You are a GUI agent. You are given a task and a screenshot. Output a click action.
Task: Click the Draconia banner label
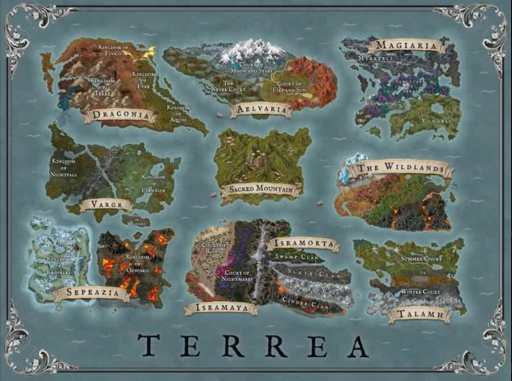pyautogui.click(x=120, y=114)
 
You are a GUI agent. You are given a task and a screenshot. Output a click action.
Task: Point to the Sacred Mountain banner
pyautogui.click(x=261, y=189)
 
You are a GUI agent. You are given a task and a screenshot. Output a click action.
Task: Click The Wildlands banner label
pyautogui.click(x=401, y=168)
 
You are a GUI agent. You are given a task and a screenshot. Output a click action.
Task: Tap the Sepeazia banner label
pyautogui.click(x=92, y=294)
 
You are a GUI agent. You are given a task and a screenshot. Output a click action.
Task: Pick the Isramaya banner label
pyautogui.click(x=221, y=308)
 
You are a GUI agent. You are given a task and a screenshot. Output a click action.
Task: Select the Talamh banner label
pyautogui.click(x=419, y=315)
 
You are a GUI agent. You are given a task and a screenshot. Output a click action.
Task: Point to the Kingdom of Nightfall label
pyautogui.click(x=64, y=168)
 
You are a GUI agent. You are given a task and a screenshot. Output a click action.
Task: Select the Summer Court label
pyautogui.click(x=422, y=259)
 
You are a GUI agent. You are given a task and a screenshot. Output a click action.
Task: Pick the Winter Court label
pyautogui.click(x=421, y=292)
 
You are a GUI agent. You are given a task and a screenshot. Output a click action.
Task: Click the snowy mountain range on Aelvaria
pyautogui.click(x=253, y=50)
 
